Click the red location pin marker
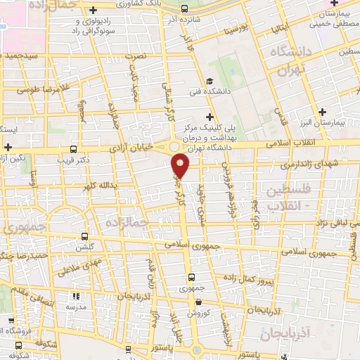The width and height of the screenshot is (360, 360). (x=181, y=165)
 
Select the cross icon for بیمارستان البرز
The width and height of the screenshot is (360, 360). (x=322, y=111)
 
